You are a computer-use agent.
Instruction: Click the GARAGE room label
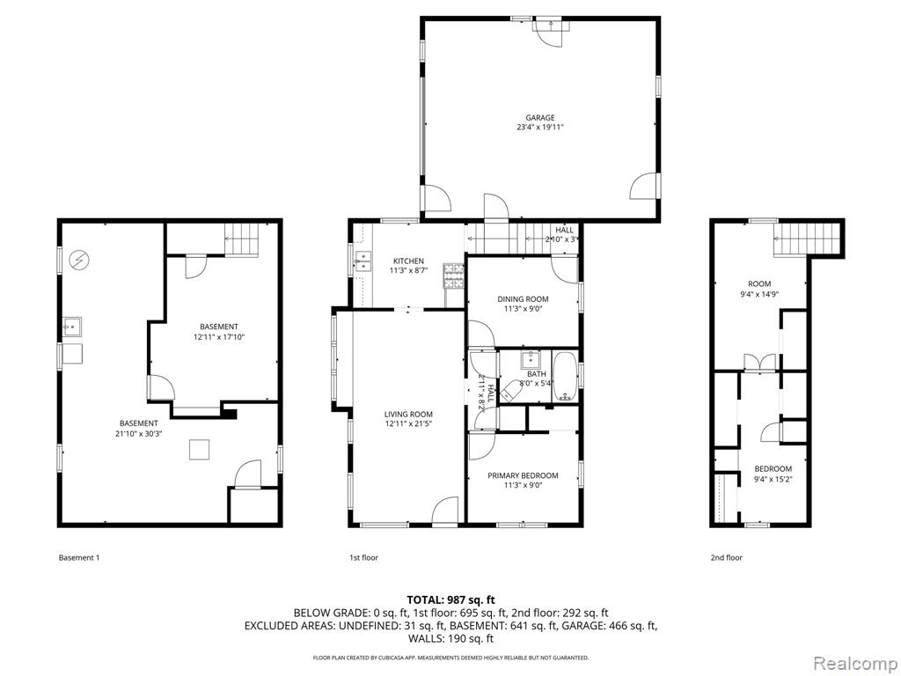[x=540, y=118]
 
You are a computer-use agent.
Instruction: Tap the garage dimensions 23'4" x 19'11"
[x=540, y=128]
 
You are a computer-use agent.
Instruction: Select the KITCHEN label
[x=408, y=261]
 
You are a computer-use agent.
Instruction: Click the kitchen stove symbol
[x=453, y=275]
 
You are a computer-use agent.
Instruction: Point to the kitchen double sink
[x=363, y=261]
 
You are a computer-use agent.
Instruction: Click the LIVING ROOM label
[x=408, y=414]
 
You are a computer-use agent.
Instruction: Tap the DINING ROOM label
[x=523, y=299]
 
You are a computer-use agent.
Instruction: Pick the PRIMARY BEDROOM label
[x=523, y=475]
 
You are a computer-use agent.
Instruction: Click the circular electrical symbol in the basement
[x=78, y=261]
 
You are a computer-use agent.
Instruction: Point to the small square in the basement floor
[x=200, y=450]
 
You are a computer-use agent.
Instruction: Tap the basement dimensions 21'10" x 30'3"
[x=139, y=434]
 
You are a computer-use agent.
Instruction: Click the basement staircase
[x=242, y=239]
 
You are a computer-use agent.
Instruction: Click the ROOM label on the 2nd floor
[x=759, y=283]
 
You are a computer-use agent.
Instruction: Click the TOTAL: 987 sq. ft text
[x=450, y=600]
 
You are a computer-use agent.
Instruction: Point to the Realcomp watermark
[x=854, y=664]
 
